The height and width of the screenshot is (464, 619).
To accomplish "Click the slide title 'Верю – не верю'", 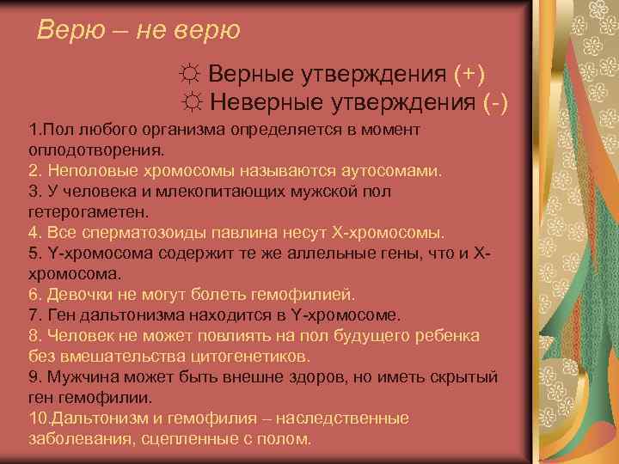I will click(x=138, y=31).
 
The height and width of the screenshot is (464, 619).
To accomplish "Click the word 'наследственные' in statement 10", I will click(x=350, y=418).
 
